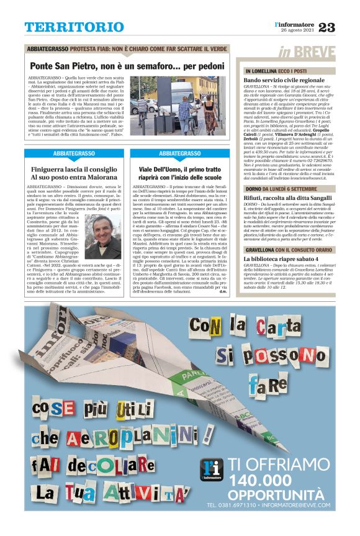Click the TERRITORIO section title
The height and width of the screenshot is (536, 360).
tap(74, 27)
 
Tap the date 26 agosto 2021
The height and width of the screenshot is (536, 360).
tap(298, 30)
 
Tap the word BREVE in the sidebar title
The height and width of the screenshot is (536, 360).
tap(315, 52)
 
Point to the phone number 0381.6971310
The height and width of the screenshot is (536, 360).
tap(231, 506)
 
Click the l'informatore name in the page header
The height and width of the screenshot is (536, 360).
tap(297, 24)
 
